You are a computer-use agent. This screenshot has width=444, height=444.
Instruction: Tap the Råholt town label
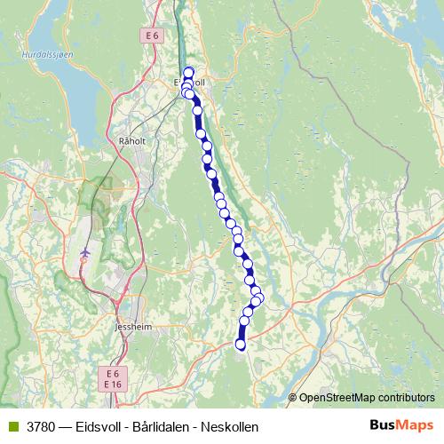tap(131, 140)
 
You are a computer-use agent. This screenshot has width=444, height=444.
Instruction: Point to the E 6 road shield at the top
tap(153, 35)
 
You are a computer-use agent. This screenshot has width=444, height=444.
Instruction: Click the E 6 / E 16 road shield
tap(112, 378)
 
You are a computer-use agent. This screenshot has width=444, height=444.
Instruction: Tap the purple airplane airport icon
tap(85, 253)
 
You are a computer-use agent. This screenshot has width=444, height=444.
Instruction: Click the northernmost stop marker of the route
tap(188, 72)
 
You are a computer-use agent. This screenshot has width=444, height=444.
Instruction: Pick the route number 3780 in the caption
tap(41, 426)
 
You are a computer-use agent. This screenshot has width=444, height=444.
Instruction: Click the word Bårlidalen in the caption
tap(158, 426)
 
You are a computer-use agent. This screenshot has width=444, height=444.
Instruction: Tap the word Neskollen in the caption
tap(228, 426)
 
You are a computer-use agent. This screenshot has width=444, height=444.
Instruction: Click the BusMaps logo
tap(400, 425)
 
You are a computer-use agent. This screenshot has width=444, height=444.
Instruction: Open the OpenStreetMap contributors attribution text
tap(367, 398)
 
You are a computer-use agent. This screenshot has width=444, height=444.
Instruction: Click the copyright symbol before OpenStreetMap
tap(293, 398)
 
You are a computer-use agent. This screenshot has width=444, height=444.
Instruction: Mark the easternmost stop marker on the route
tap(258, 297)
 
